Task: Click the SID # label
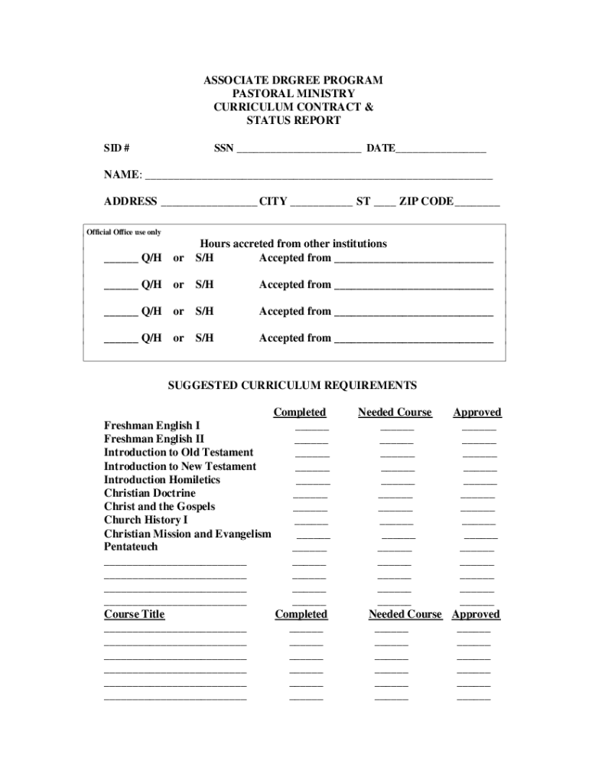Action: [116, 148]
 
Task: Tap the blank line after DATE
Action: [441, 150]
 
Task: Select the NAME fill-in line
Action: [318, 177]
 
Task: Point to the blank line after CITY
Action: [321, 204]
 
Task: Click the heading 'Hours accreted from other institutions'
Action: [293, 243]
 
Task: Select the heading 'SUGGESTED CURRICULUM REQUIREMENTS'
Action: [292, 386]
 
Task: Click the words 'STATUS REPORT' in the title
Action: [293, 121]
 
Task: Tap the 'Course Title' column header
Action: [134, 614]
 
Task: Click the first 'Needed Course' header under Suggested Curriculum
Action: [395, 413]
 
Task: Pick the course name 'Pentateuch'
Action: [131, 547]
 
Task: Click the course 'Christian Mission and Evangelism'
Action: [187, 534]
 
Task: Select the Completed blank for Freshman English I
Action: [312, 429]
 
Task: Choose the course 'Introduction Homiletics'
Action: [161, 480]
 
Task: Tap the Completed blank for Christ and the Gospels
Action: [310, 509]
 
